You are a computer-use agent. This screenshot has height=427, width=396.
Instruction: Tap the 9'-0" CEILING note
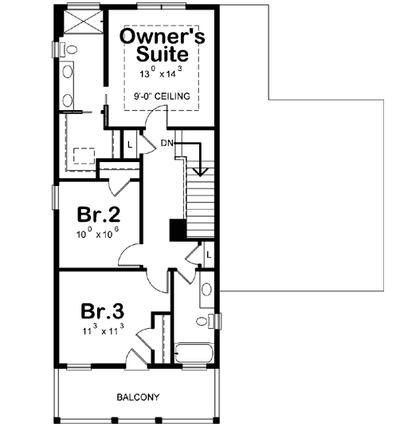[x=162, y=97]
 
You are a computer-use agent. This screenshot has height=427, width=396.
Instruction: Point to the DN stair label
[x=167, y=143]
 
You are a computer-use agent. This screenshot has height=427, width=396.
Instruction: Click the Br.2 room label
[x=98, y=215]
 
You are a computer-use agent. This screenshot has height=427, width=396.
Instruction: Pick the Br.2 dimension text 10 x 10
[x=98, y=236]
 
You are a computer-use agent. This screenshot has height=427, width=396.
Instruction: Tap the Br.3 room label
[x=102, y=309]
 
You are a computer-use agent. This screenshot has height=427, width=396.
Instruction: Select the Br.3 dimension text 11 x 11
[x=102, y=329]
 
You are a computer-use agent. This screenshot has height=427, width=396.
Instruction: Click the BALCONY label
[x=139, y=397]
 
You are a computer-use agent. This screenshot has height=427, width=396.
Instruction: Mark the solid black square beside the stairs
[x=178, y=229]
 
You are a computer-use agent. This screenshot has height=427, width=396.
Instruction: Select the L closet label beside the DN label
[x=131, y=144]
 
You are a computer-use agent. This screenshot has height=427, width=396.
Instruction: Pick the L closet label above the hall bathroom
[x=208, y=255]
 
